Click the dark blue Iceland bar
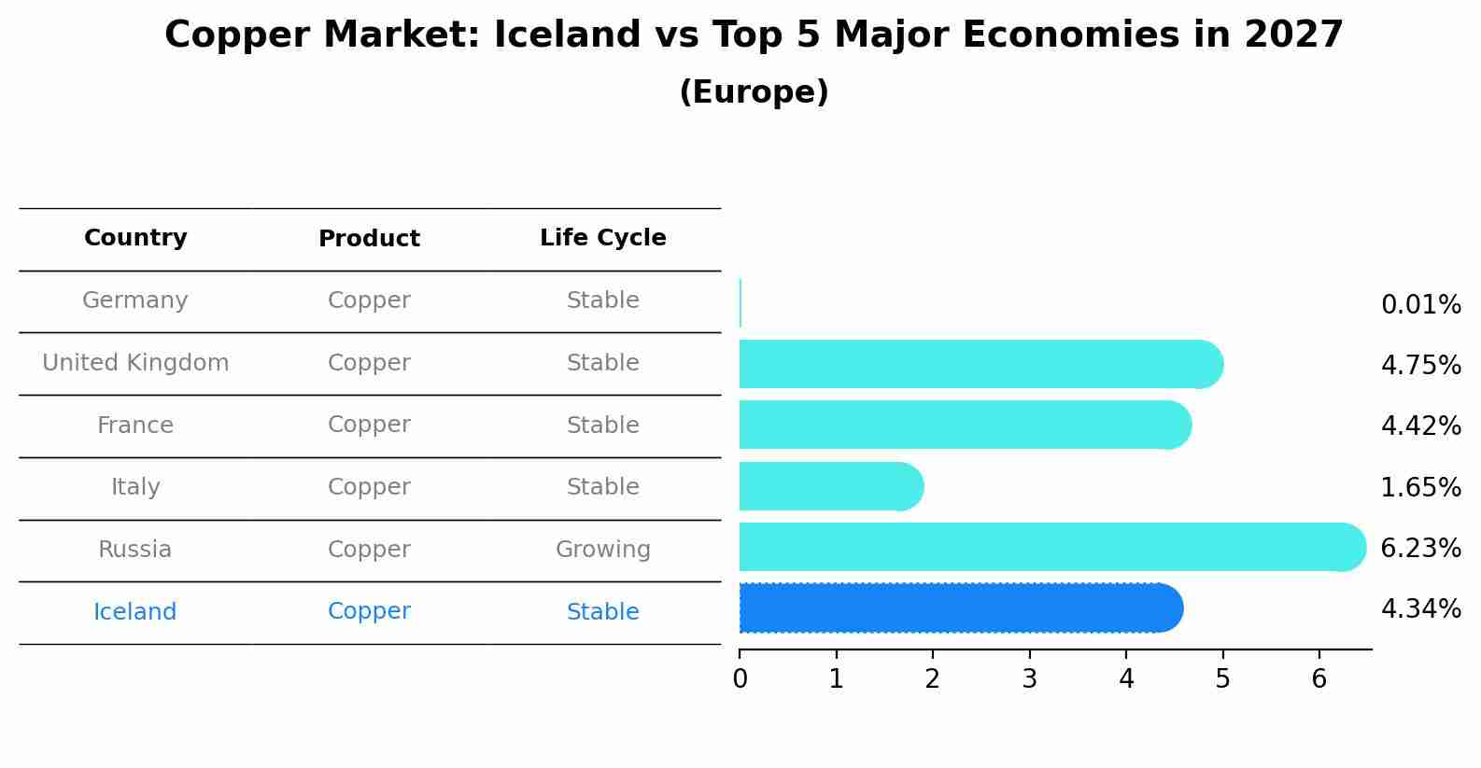(x=961, y=608)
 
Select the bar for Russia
(x=1052, y=547)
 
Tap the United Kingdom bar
(x=981, y=364)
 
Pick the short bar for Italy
(x=831, y=486)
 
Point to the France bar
(x=966, y=425)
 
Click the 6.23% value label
(x=1421, y=548)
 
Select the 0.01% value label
(x=1421, y=305)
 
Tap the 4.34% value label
(x=1421, y=608)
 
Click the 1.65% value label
(x=1421, y=487)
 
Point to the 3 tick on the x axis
(x=1029, y=678)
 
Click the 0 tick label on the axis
(x=740, y=678)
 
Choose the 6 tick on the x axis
(x=1319, y=678)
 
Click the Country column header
(x=135, y=237)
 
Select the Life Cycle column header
(x=603, y=237)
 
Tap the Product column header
(x=369, y=238)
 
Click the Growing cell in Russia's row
(x=603, y=550)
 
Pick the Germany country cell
(x=134, y=300)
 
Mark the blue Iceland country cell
(x=134, y=611)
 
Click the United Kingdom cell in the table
(x=135, y=363)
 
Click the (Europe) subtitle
(x=754, y=91)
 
